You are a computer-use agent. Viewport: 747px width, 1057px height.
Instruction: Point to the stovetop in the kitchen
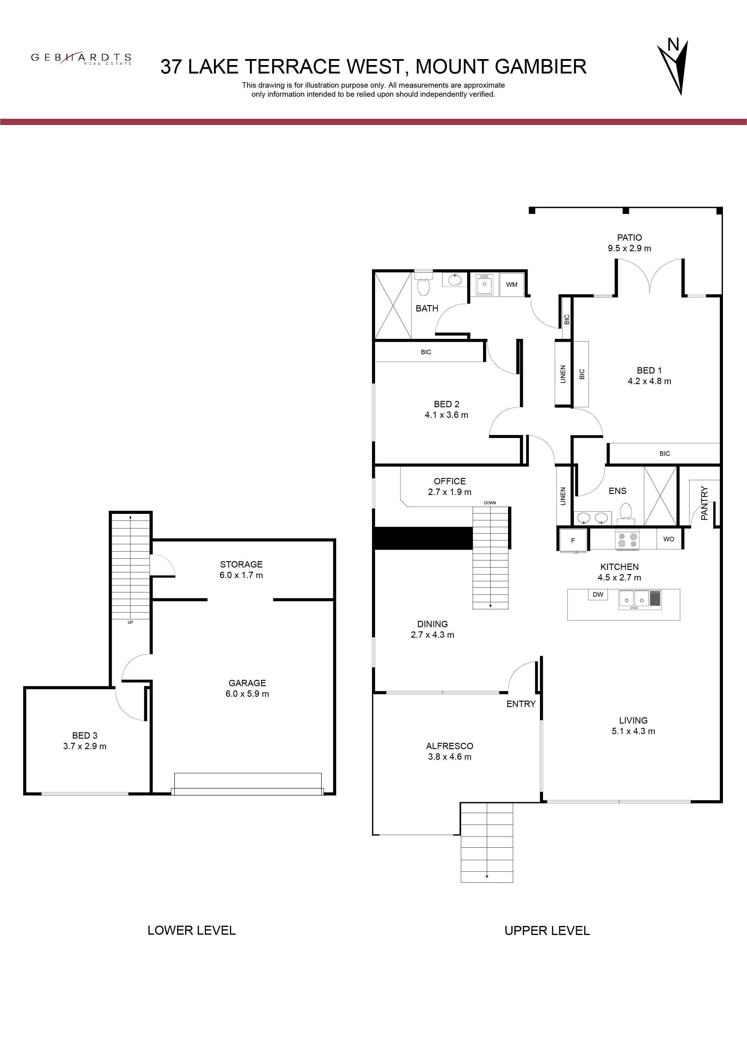click(628, 539)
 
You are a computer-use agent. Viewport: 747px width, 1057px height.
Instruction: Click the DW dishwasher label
click(598, 594)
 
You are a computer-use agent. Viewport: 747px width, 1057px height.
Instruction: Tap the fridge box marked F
click(573, 540)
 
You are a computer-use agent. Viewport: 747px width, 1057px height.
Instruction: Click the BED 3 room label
click(85, 736)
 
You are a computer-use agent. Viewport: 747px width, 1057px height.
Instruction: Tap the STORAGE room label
click(241, 564)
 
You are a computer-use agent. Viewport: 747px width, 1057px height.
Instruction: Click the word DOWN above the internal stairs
click(490, 503)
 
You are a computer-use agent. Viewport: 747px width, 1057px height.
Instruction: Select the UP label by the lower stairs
click(130, 622)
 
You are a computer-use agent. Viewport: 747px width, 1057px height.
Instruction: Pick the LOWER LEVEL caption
click(191, 930)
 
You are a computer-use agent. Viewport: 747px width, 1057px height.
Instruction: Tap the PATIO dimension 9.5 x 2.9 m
click(629, 249)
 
